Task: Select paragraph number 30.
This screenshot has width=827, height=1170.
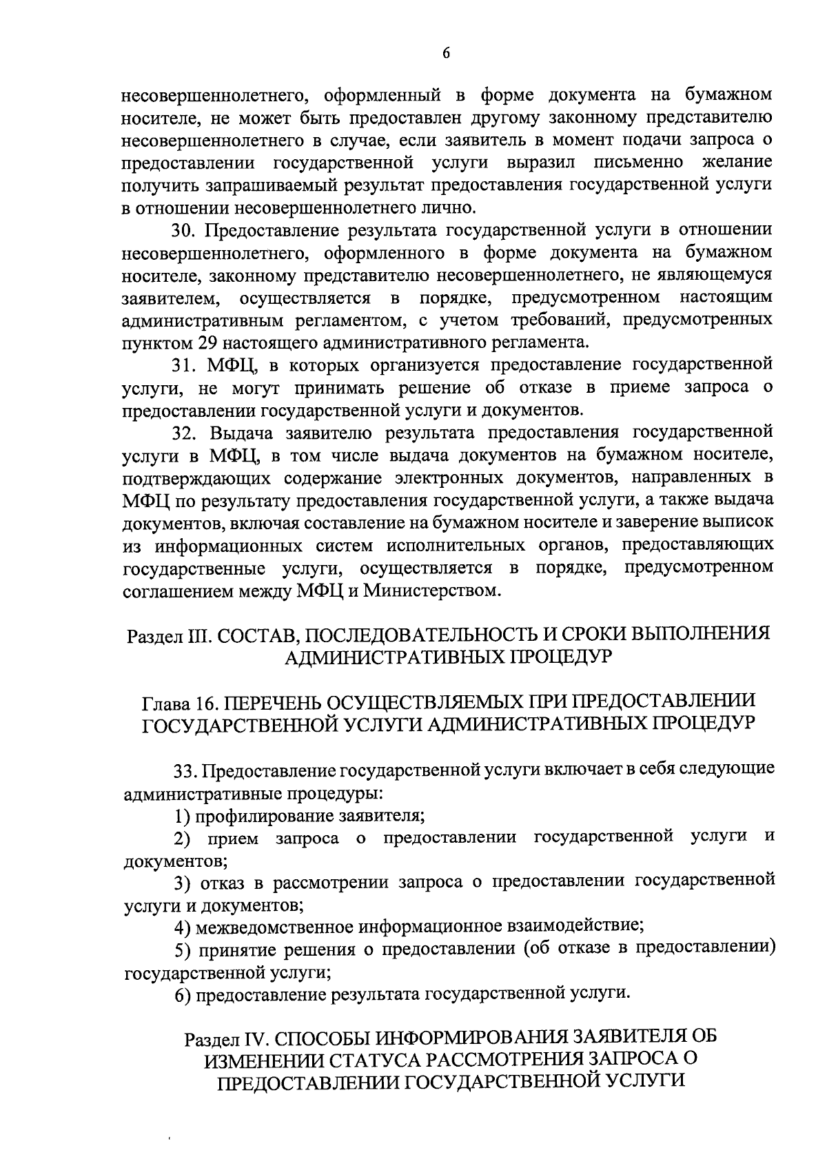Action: [x=184, y=231]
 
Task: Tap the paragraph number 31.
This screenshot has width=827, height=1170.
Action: [x=183, y=365]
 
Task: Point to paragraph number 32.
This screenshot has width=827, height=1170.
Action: [x=184, y=433]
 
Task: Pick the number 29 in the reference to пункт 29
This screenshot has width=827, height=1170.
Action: [x=210, y=342]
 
